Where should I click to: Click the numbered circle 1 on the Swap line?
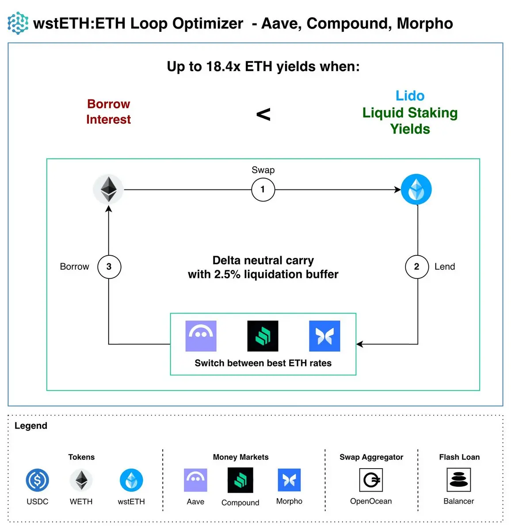click(263, 189)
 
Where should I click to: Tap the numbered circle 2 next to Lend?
click(417, 266)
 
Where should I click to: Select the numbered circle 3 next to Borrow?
click(109, 266)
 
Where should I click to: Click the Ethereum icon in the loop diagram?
click(108, 189)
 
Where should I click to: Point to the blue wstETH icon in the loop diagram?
click(416, 189)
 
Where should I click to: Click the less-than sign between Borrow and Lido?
click(263, 115)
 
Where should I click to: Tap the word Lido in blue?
click(410, 96)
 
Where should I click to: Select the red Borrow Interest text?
click(108, 112)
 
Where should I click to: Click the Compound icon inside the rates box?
click(263, 336)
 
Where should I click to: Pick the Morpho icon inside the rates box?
click(324, 336)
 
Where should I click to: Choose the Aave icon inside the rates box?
click(201, 336)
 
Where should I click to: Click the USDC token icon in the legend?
click(38, 480)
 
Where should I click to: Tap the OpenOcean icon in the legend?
click(371, 480)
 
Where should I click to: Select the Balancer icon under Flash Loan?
click(459, 480)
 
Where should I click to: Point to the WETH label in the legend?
click(81, 502)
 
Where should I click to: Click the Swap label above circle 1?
click(263, 170)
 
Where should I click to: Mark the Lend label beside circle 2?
click(445, 267)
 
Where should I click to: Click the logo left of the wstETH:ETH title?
click(18, 23)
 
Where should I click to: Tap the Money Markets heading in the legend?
click(240, 457)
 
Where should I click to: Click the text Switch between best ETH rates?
click(263, 363)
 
